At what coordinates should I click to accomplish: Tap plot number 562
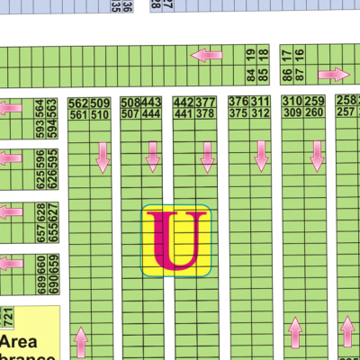pos(78,102)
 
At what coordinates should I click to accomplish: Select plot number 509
pos(100,102)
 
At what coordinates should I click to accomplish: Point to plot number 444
pos(151,114)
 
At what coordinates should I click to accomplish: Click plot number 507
pos(130,114)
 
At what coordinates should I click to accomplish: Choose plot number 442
pos(183,102)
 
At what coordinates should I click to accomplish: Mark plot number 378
pos(205,114)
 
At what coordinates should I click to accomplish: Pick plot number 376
pos(238,102)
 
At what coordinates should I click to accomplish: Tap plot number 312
pos(261,114)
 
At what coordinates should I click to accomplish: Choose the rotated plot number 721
pos(8,318)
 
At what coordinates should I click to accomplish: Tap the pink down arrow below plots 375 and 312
pos(261,155)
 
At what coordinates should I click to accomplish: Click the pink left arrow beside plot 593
pos(11,109)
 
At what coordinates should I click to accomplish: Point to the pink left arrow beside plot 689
pos(11,263)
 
